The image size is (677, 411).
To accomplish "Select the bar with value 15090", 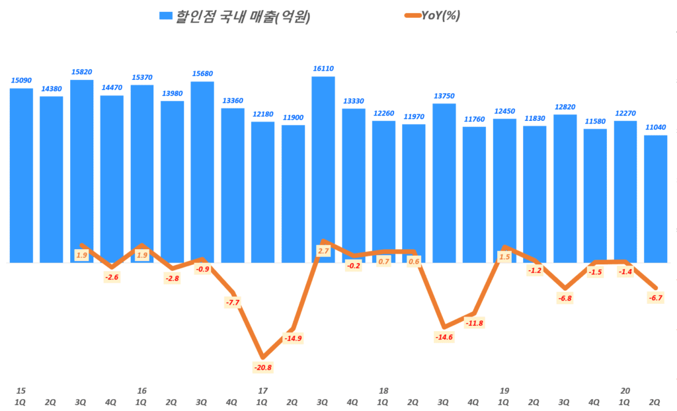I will click(x=21, y=175).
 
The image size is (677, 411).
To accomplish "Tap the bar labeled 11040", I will click(x=655, y=198).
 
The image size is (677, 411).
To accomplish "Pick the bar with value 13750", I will click(x=444, y=182).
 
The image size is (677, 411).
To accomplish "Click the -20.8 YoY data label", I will click(x=262, y=367).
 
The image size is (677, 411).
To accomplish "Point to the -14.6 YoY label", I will click(x=444, y=337).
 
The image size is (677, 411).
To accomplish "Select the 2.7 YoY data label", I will click(x=323, y=251).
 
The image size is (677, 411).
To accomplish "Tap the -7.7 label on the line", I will click(x=232, y=302).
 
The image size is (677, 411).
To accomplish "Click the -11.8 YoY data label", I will click(x=474, y=323).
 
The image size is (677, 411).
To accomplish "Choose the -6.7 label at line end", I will click(x=655, y=298).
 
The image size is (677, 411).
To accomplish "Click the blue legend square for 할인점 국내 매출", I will click(x=165, y=16).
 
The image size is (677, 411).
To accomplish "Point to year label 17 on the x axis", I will click(x=262, y=391).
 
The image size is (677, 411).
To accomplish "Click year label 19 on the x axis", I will click(x=504, y=391).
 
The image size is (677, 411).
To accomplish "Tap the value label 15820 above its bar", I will click(x=81, y=72).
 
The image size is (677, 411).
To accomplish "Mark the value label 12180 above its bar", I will click(x=262, y=114).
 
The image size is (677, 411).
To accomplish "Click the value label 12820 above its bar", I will click(x=565, y=107).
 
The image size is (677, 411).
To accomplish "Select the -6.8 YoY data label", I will click(x=565, y=298).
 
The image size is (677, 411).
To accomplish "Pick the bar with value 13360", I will click(x=232, y=185).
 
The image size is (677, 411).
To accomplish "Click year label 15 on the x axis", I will click(x=20, y=391).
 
